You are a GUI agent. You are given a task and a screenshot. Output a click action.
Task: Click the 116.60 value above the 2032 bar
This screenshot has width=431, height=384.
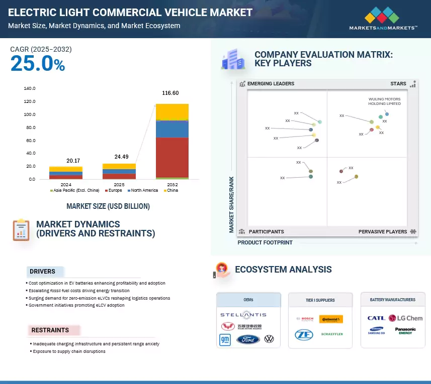170,93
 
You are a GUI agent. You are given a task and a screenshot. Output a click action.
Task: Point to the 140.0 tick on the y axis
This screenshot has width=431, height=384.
30,88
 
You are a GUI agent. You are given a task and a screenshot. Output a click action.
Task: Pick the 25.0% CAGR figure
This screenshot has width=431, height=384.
38,64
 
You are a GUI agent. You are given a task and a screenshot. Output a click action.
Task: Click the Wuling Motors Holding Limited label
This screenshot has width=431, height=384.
385,101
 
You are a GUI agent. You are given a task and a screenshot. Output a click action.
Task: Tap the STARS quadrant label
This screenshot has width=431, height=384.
398,83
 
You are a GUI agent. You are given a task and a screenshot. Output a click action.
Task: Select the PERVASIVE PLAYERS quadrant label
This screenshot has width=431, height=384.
383,231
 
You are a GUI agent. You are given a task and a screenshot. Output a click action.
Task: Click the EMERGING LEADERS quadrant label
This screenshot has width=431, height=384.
271,83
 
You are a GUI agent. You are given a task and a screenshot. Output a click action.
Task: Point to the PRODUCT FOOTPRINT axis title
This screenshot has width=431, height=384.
265,242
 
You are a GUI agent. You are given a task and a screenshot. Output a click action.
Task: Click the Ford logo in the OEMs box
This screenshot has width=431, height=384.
248,339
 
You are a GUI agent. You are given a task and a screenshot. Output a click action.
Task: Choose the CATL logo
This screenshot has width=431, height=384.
376,318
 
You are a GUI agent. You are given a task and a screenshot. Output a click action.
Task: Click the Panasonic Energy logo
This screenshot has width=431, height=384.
405,331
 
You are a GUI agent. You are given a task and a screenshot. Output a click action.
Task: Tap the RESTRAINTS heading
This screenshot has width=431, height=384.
50,330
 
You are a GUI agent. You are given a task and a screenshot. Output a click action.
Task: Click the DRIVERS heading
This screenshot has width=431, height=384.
42,272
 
